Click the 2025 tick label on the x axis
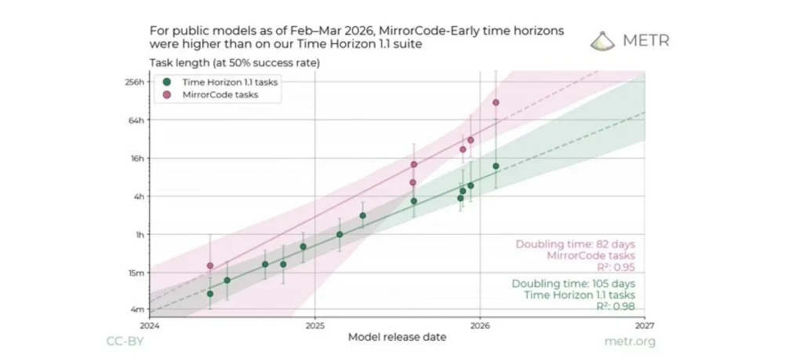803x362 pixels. tap(314, 325)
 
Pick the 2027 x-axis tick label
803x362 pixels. tap(645, 325)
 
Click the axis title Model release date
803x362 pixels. tap(397, 337)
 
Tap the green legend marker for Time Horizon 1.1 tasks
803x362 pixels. tap(166, 82)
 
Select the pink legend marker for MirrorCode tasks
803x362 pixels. tap(166, 94)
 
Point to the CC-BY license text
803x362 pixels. tap(125, 342)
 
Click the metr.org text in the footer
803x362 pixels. tap(630, 342)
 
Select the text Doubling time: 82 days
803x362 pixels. tap(575, 244)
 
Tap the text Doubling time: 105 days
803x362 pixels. tap(573, 283)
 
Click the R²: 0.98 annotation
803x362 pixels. tap(616, 306)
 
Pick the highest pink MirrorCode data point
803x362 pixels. tap(496, 103)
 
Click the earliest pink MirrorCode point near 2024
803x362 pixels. tap(209, 265)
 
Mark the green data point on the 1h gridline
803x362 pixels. tap(340, 234)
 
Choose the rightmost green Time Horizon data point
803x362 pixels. tap(496, 166)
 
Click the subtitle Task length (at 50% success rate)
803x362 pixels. tap(234, 63)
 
